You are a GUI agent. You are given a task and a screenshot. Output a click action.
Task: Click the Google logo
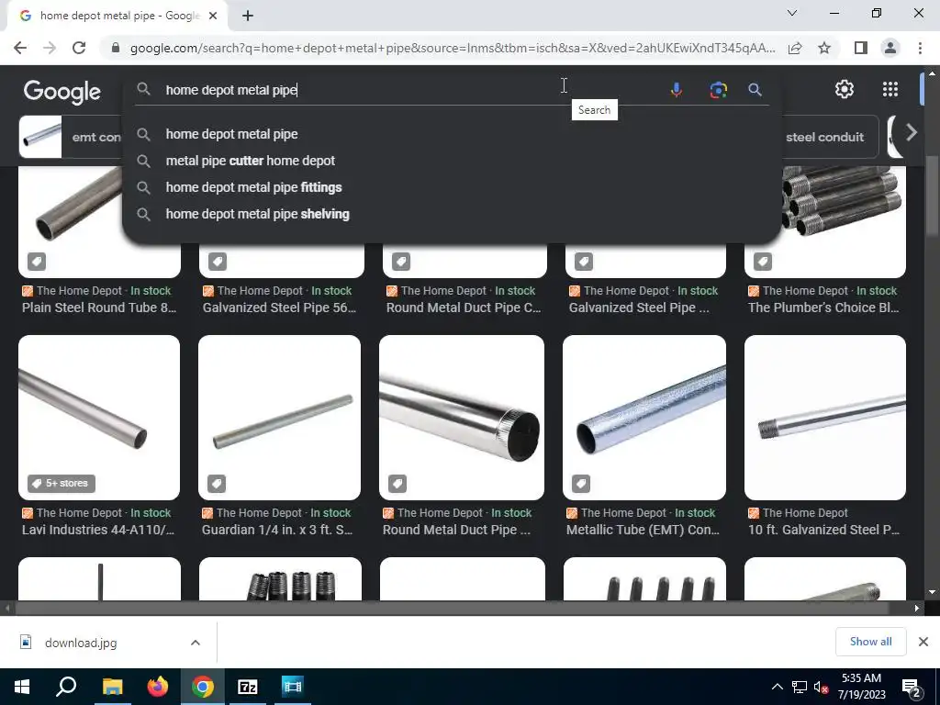62,92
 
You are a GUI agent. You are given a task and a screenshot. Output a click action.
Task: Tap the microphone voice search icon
677,90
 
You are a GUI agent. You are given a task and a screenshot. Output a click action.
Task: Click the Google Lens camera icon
718,90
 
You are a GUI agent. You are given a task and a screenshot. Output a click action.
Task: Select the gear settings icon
845,89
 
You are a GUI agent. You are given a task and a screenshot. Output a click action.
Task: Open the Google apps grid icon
890,89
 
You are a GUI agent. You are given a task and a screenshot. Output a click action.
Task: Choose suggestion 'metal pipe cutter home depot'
250,161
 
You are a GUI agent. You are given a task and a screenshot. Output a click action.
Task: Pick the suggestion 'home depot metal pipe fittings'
253,187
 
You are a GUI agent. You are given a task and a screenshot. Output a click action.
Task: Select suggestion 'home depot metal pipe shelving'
257,214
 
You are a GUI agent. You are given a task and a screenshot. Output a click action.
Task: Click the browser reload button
79,48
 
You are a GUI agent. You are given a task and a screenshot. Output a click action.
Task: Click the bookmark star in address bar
824,48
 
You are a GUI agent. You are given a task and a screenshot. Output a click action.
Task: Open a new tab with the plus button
248,16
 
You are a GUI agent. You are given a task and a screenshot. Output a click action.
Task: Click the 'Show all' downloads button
870,642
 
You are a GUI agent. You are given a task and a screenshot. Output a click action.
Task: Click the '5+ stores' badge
62,483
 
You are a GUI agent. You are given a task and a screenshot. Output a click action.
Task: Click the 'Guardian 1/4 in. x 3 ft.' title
277,530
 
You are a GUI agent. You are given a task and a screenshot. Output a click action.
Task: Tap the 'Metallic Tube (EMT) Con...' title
643,530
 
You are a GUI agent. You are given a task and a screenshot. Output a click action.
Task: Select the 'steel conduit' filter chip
824,137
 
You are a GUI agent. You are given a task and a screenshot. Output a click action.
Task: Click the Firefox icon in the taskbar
158,687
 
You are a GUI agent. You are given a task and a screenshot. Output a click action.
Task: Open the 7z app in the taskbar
248,687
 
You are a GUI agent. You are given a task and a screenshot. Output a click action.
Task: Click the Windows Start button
22,687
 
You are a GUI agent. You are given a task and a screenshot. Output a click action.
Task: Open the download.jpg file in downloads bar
81,643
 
